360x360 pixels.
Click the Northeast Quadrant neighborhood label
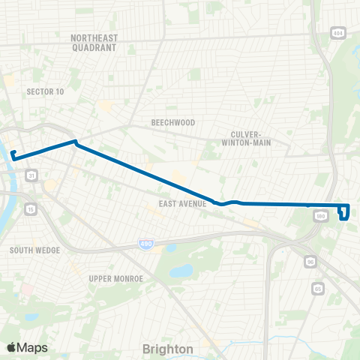pos(94,42)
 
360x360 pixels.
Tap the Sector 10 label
pos(45,91)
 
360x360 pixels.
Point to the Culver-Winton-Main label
pos(250,138)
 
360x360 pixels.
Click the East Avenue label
pos(182,203)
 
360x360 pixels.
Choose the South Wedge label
pos(30,250)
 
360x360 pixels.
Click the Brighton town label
pos(168,349)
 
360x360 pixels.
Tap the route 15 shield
pos(29,208)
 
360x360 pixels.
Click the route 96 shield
pos(310,262)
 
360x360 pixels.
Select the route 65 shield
pos(319,287)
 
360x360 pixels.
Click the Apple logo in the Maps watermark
pos(11,348)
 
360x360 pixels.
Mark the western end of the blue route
pos(13,154)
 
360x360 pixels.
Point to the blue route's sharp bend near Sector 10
pos(74,142)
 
